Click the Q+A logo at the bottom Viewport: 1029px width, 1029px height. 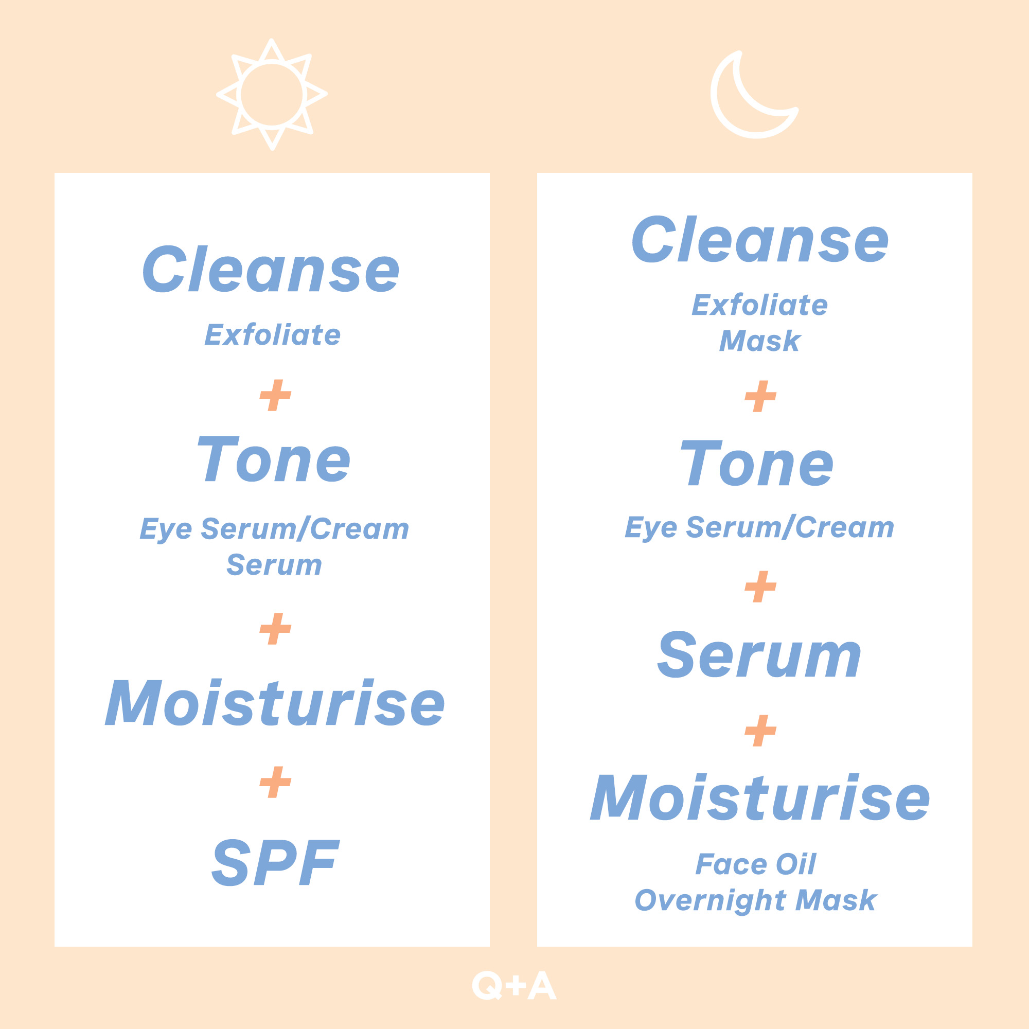514,986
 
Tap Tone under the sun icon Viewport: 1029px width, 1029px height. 274,458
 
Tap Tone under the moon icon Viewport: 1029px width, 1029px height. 757,463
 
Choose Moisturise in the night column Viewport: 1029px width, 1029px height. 760,797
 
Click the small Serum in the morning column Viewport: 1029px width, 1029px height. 274,564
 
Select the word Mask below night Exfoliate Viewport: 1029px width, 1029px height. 760,341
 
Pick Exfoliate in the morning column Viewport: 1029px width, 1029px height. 273,334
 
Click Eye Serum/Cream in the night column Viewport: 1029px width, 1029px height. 759,527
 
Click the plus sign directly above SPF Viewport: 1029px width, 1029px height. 275,783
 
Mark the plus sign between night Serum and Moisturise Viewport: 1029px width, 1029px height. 760,730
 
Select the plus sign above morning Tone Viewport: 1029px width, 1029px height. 275,395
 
